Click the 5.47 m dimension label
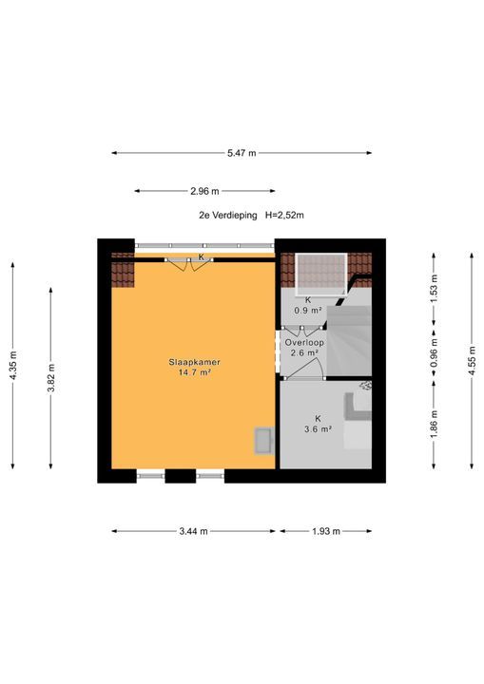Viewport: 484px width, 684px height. pyautogui.click(x=242, y=153)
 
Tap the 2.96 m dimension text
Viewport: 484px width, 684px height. pyautogui.click(x=204, y=191)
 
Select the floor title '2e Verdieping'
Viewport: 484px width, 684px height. pyautogui.click(x=228, y=215)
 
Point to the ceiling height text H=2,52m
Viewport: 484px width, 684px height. pyautogui.click(x=284, y=215)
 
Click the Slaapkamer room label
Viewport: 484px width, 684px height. pyautogui.click(x=194, y=362)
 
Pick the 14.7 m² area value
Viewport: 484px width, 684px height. pyautogui.click(x=194, y=372)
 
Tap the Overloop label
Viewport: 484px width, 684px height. pyautogui.click(x=304, y=343)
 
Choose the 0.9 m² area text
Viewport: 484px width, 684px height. pyautogui.click(x=308, y=311)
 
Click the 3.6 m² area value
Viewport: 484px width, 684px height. pyautogui.click(x=318, y=429)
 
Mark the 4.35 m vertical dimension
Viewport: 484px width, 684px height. pyautogui.click(x=13, y=366)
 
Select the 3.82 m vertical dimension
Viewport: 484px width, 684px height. pyautogui.click(x=51, y=378)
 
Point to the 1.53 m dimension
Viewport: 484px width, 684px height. pyautogui.click(x=434, y=289)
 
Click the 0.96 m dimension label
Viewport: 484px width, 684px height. pyautogui.click(x=434, y=352)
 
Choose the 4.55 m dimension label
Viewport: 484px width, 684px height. pyautogui.click(x=472, y=360)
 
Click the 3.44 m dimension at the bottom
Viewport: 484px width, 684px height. pyautogui.click(x=194, y=531)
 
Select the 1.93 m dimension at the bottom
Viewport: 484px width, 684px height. pyautogui.click(x=326, y=531)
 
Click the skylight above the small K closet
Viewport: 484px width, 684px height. pyautogui.click(x=321, y=274)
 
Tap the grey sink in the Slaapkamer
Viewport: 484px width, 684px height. pyautogui.click(x=264, y=441)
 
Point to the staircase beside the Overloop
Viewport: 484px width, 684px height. pyautogui.click(x=350, y=340)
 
